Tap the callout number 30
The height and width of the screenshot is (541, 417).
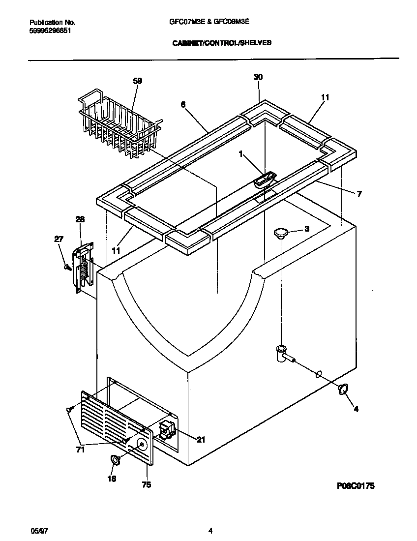coord(258,77)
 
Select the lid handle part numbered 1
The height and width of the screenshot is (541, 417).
coord(265,180)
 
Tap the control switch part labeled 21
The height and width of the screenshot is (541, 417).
coord(166,428)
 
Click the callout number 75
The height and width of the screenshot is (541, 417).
coord(146,485)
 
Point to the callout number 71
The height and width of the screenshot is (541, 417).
coord(80,449)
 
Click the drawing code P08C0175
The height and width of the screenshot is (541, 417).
coord(356,486)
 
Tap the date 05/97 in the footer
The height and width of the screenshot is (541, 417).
coord(38,531)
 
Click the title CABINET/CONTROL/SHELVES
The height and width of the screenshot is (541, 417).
coord(221,43)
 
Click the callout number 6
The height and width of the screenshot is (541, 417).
coord(182,104)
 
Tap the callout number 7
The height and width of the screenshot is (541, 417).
coord(359,194)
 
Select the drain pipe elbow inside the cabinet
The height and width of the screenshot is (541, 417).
coord(282,354)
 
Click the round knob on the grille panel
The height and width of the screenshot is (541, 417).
coord(142,445)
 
